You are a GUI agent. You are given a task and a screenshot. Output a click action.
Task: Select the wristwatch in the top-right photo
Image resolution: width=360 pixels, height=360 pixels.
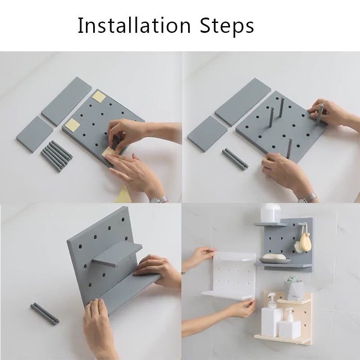309,198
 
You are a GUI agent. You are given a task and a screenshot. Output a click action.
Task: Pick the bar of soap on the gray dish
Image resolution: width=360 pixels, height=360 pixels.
274,256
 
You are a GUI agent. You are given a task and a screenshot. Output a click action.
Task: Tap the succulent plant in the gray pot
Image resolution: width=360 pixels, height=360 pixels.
293,280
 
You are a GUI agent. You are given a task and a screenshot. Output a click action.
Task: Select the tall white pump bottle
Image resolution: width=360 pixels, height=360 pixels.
271,315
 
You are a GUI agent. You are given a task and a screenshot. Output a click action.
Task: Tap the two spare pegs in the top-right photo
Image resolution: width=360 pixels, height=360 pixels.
235,159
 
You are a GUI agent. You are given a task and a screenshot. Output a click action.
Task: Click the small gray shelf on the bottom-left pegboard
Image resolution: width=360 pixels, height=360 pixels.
117,254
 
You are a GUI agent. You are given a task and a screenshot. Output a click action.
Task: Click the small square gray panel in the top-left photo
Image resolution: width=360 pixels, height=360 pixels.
35,134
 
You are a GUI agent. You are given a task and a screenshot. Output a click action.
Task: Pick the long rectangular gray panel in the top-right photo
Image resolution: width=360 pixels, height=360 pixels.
243,102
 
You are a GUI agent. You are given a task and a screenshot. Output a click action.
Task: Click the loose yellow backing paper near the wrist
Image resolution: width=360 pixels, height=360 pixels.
123,195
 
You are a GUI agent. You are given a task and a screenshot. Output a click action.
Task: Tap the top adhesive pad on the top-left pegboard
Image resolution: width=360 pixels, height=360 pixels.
99,97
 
